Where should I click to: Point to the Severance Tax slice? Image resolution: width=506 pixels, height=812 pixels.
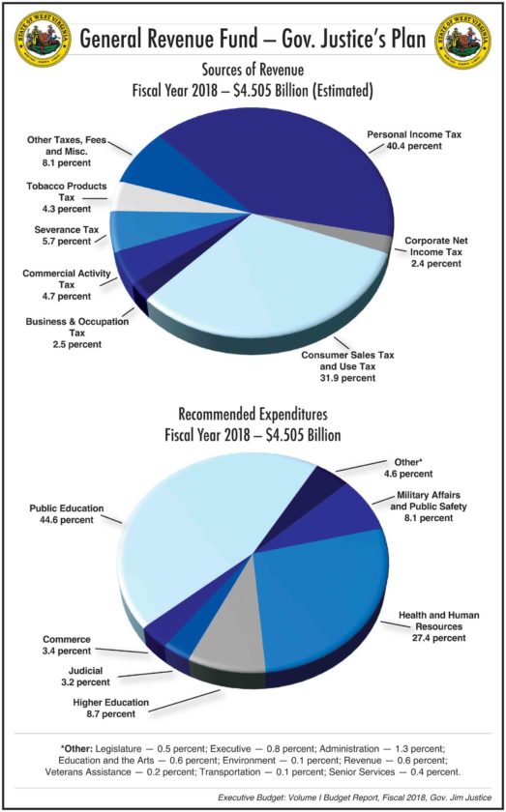[x=156, y=228]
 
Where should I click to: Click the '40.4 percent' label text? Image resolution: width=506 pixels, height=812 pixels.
[x=414, y=146]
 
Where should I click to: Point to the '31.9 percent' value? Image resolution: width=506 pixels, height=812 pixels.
[x=345, y=378]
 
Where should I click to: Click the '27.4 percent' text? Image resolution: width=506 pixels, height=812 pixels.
[x=436, y=637]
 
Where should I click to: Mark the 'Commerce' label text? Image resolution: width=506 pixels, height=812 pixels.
[x=67, y=640]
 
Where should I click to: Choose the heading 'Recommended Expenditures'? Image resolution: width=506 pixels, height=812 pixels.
[x=253, y=415]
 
